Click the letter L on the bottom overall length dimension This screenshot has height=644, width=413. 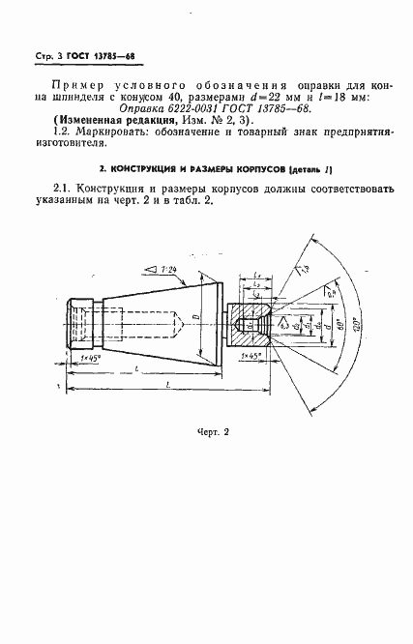(168, 383)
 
